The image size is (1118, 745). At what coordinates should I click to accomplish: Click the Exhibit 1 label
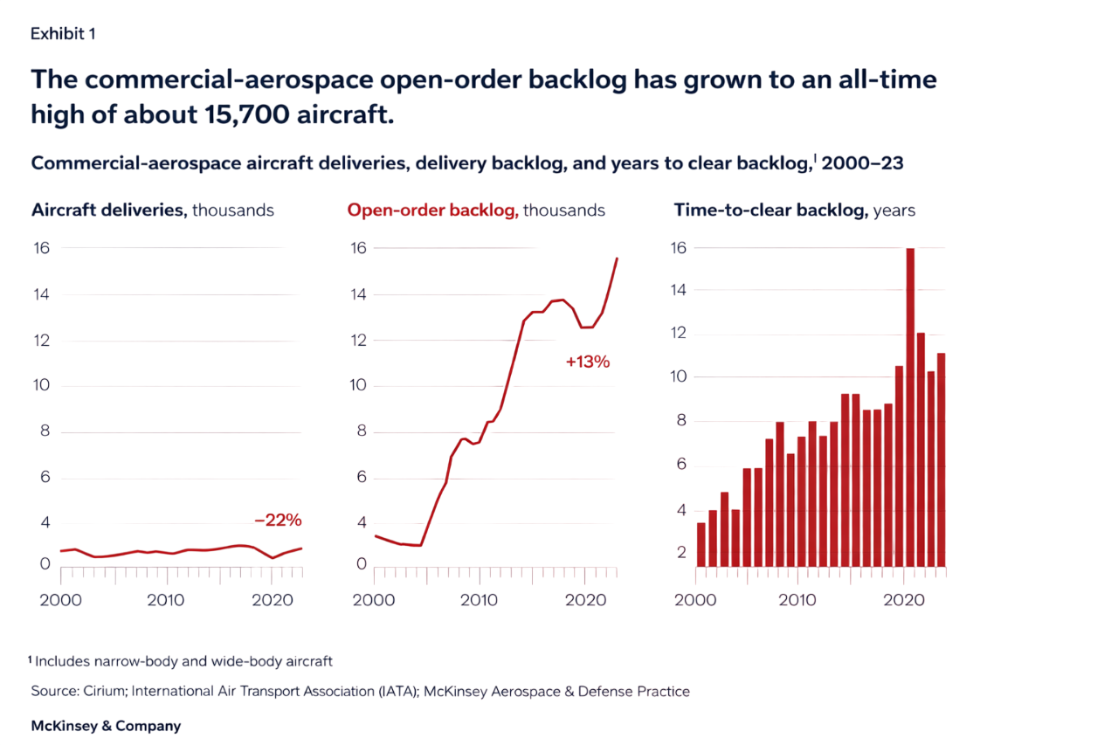pos(63,33)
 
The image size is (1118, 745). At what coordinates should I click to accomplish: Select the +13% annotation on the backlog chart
pos(587,362)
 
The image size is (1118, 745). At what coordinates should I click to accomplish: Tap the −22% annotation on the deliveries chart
pos(278,521)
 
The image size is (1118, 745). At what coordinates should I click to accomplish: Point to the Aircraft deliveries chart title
pos(107,210)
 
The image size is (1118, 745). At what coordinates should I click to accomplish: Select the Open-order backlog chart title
pos(432,210)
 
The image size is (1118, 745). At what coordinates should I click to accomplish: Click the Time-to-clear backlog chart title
pos(769,210)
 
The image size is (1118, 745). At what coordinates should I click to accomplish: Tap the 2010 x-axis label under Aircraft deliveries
pos(165,601)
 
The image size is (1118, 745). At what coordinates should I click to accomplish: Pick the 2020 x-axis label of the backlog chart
pos(586,601)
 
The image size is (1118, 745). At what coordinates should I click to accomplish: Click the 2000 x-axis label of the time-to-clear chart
pos(695,601)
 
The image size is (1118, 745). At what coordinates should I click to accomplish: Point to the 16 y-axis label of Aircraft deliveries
pos(41,248)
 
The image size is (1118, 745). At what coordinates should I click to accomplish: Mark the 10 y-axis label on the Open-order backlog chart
pos(359,386)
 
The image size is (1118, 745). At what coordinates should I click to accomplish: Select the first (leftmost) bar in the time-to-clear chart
pos(700,544)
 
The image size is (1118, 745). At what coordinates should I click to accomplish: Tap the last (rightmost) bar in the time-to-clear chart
pos(941,459)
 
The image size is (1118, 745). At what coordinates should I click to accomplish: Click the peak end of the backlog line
pos(618,258)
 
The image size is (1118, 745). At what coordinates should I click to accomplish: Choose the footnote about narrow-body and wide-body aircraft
pos(183,661)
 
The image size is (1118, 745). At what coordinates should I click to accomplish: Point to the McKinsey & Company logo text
pos(106,727)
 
